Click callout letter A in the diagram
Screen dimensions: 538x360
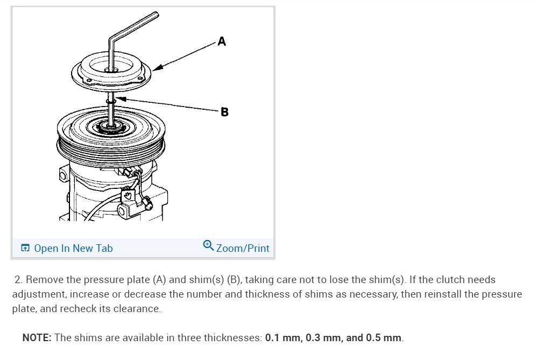[222, 41]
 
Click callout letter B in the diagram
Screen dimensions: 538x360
[225, 112]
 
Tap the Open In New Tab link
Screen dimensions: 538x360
[73, 248]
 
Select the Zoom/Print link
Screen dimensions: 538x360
[242, 248]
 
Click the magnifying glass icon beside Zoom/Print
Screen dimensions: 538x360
[208, 245]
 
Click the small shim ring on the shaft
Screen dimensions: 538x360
[111, 102]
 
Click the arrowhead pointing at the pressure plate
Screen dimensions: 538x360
[157, 67]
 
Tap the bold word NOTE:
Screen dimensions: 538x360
[37, 338]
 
